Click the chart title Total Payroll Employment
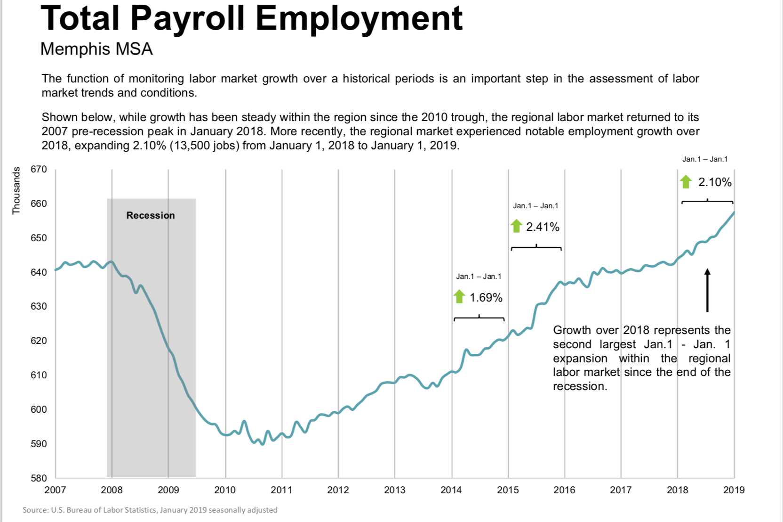pyautogui.click(x=251, y=19)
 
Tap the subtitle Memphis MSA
pyautogui.click(x=96, y=49)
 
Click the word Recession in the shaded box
pyautogui.click(x=151, y=215)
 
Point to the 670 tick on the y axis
pyautogui.click(x=39, y=170)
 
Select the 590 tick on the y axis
pyautogui.click(x=39, y=444)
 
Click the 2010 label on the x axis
pyautogui.click(x=225, y=490)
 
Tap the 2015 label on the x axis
pyautogui.click(x=508, y=490)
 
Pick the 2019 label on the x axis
pyautogui.click(x=734, y=490)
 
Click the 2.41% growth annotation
pyautogui.click(x=543, y=227)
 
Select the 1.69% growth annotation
pyautogui.click(x=486, y=298)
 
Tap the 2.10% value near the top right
pyautogui.click(x=715, y=182)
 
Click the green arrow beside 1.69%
pyautogui.click(x=459, y=297)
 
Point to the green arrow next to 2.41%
pyautogui.click(x=516, y=226)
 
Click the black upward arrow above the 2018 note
pyautogui.click(x=707, y=290)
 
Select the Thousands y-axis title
pyautogui.click(x=16, y=191)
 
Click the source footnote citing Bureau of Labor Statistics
pyautogui.click(x=150, y=510)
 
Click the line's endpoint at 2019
pyautogui.click(x=734, y=213)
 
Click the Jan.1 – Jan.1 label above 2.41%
pyautogui.click(x=535, y=206)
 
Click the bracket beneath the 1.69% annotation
pyautogui.click(x=479, y=318)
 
